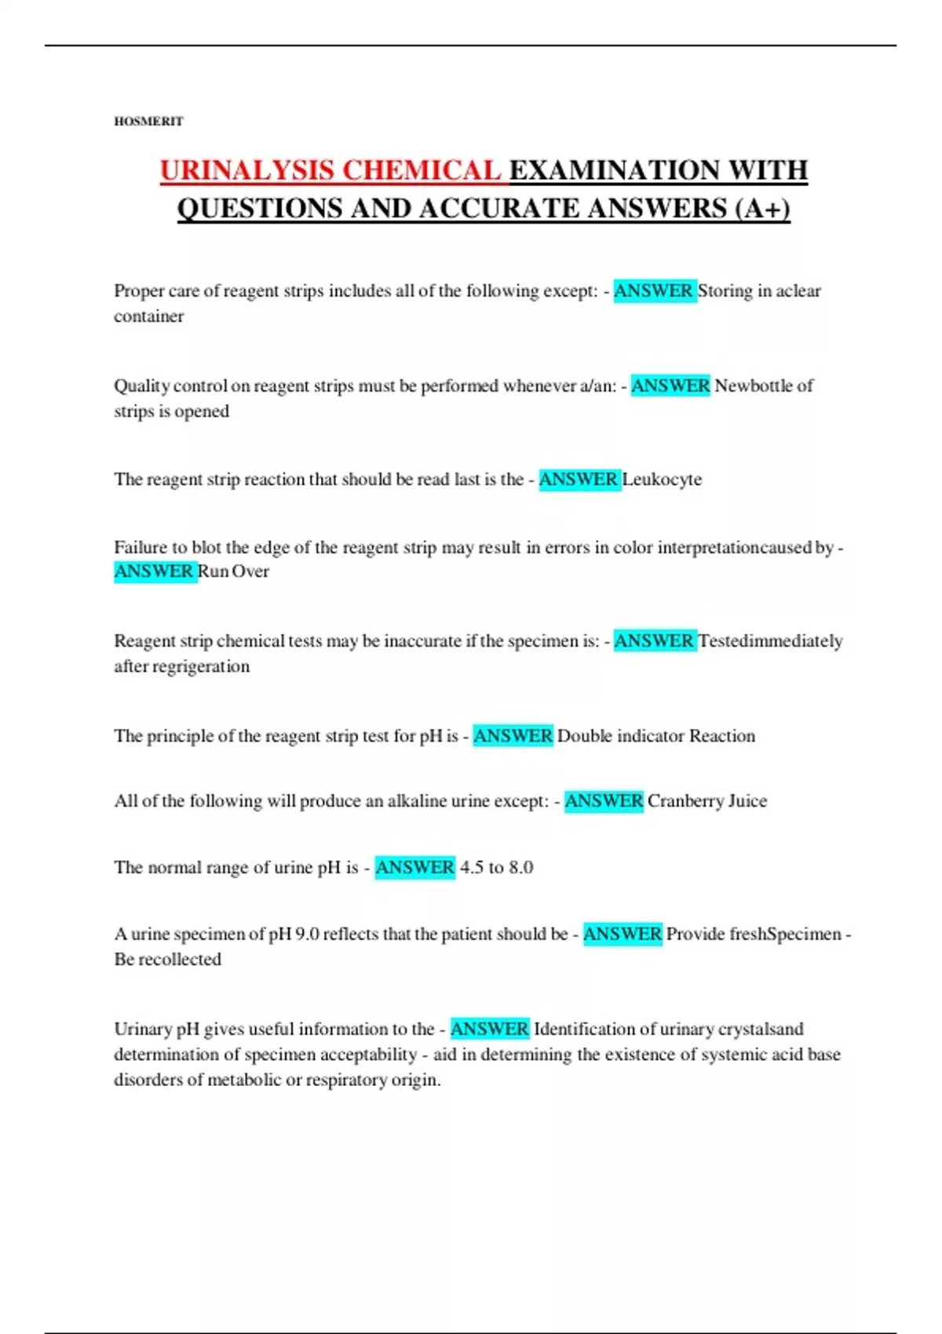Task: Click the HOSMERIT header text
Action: [148, 121]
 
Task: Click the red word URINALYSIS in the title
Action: [248, 170]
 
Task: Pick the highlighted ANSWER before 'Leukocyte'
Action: [579, 479]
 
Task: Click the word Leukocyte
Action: [662, 479]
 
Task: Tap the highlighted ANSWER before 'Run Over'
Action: [154, 571]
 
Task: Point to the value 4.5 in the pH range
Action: [471, 868]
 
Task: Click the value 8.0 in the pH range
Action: [520, 868]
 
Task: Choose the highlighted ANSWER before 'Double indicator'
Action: [513, 736]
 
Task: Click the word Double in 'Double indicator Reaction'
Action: [584, 736]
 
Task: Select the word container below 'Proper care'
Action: [148, 316]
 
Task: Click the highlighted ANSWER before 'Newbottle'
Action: [670, 386]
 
